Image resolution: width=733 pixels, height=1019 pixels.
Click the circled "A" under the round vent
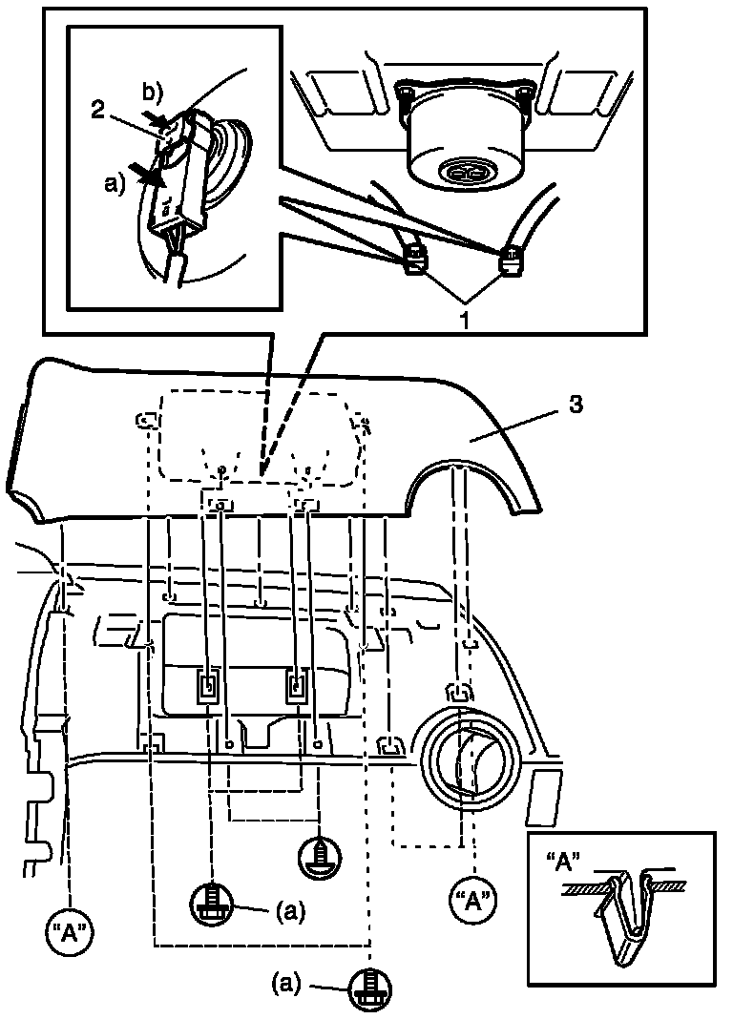click(471, 899)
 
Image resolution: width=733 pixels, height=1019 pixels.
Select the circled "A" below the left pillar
click(71, 930)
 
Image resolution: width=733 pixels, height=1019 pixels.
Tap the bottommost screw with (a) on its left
click(369, 988)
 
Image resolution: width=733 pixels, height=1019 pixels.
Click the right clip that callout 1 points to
click(512, 257)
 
